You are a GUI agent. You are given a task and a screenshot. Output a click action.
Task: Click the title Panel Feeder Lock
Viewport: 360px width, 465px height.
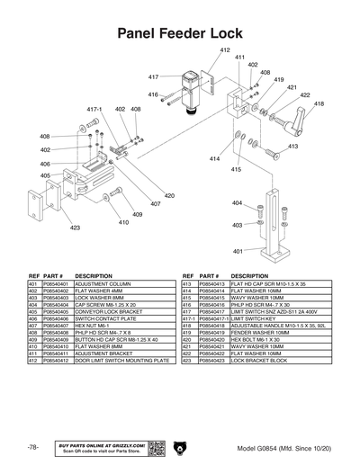point(180,33)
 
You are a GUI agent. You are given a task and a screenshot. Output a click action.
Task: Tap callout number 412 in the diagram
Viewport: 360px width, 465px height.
point(224,50)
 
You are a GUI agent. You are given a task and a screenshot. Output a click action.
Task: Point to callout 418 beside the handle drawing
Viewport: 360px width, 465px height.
point(319,104)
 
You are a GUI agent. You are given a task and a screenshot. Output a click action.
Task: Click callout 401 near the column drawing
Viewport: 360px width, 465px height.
point(238,251)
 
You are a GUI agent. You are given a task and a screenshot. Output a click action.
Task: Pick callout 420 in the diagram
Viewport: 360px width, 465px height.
point(169,195)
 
